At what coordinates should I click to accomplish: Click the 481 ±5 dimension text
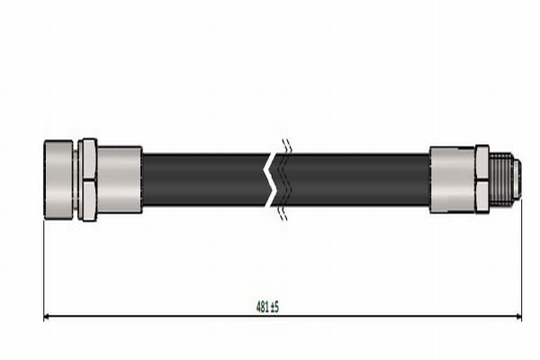[267, 307]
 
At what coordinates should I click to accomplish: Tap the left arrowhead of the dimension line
[48, 317]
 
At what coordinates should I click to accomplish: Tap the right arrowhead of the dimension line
[517, 317]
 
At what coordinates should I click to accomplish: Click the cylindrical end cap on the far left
[59, 179]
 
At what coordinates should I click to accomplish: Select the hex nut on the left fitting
[87, 179]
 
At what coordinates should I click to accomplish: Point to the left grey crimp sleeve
[120, 179]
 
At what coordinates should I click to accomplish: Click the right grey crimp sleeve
[452, 179]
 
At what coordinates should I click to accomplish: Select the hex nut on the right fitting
[481, 179]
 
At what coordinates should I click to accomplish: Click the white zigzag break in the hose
[272, 179]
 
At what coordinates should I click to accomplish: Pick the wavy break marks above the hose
[285, 146]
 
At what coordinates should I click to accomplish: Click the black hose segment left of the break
[202, 179]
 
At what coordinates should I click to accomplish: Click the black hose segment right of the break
[355, 179]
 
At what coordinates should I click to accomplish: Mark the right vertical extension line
[521, 261]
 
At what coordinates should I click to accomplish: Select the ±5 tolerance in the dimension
[274, 307]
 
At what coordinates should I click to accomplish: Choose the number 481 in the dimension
[261, 307]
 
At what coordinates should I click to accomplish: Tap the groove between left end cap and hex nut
[77, 179]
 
